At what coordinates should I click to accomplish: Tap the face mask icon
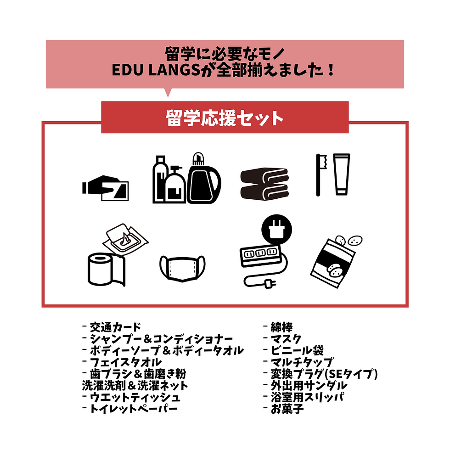pos(182,268)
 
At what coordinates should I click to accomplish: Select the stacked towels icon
pos(264,183)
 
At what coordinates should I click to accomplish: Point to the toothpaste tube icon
pos(342,174)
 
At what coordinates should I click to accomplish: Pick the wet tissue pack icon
pos(125,239)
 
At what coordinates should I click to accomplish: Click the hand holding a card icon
pos(105,188)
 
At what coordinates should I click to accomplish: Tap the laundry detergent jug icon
pos(204,178)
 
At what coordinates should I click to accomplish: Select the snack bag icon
pos(336,262)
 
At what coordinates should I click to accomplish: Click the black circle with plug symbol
pos(276,230)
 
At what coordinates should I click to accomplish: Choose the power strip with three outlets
pos(260,255)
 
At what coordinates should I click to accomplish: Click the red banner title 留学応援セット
pos(225,118)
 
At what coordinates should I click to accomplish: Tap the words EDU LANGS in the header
pos(156,70)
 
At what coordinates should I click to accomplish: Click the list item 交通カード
pos(115,327)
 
